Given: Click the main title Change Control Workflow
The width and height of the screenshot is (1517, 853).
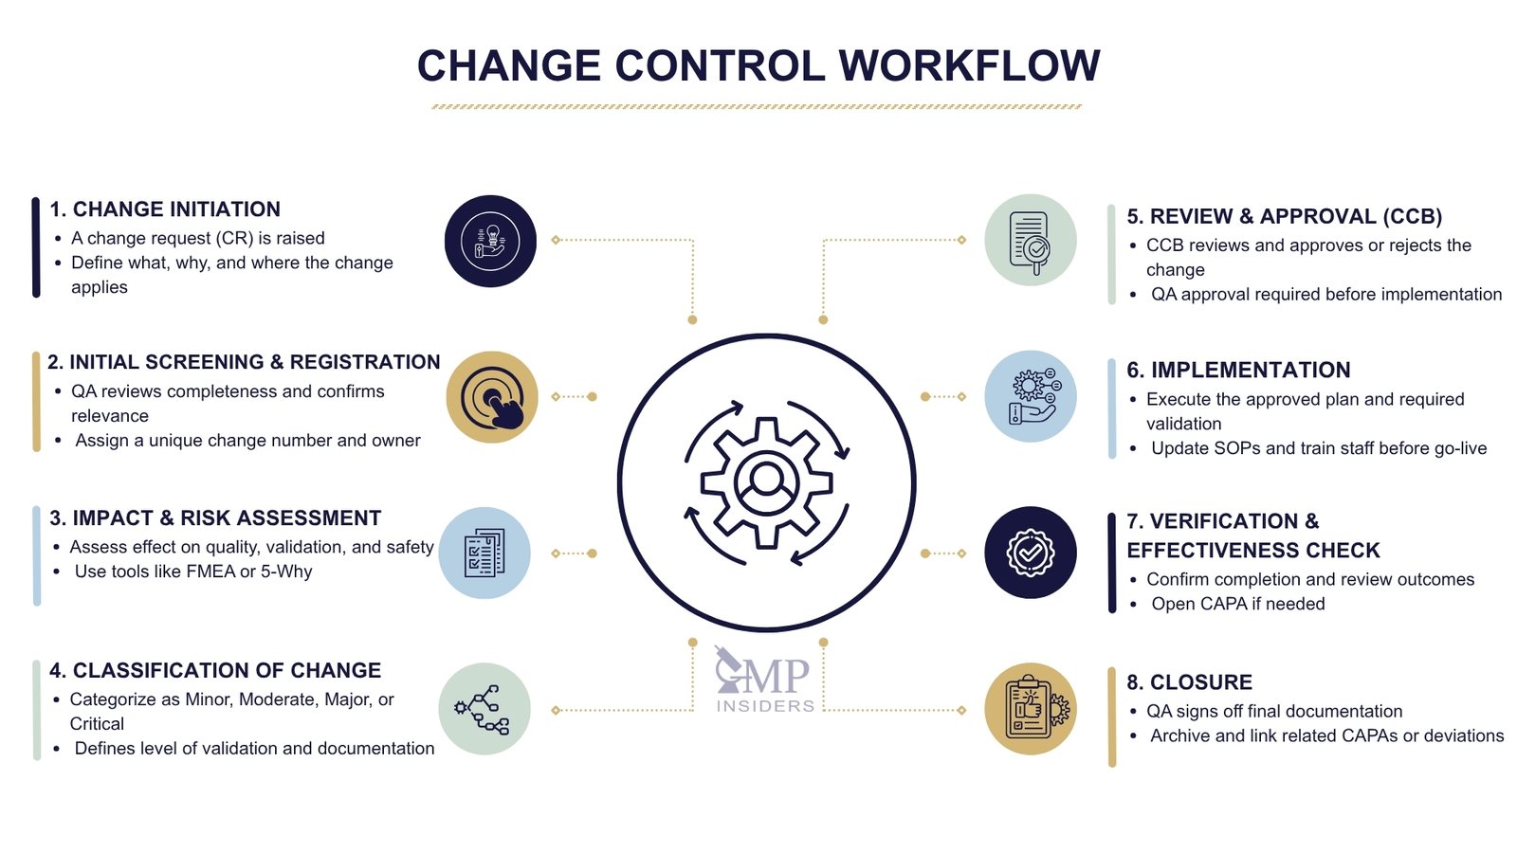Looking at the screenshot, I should [x=758, y=66].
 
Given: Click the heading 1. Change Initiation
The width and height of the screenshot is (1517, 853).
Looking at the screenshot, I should [x=165, y=209].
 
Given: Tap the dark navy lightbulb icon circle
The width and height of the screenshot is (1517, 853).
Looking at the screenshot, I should [x=490, y=241].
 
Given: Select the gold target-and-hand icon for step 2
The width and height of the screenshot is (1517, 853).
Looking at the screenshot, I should [x=491, y=397].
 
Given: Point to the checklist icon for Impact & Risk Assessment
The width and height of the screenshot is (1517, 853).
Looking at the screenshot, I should [x=484, y=553].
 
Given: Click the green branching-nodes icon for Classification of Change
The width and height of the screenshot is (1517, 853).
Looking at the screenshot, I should [x=484, y=709].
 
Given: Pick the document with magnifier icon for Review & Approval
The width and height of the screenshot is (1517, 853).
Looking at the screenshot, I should [x=1031, y=241].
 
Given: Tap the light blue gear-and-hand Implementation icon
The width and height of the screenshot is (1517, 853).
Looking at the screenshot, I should [x=1031, y=397].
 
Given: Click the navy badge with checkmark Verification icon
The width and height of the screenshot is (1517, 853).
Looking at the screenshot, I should [x=1031, y=553].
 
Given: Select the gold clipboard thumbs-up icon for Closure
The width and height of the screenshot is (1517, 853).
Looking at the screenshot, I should [x=1031, y=709].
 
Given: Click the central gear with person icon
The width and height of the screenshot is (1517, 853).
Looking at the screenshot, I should [x=766, y=482].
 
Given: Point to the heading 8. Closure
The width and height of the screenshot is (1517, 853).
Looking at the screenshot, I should [x=1189, y=682].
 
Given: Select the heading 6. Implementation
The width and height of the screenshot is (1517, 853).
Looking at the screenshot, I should [x=1238, y=371].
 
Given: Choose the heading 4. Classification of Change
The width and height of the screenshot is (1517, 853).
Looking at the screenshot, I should [x=215, y=671].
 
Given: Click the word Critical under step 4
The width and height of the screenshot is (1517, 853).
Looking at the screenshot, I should [x=97, y=724].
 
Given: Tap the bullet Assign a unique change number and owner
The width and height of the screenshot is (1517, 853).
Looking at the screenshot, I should [x=247, y=441].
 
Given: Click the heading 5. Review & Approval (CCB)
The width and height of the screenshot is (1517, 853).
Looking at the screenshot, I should [x=1284, y=217].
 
